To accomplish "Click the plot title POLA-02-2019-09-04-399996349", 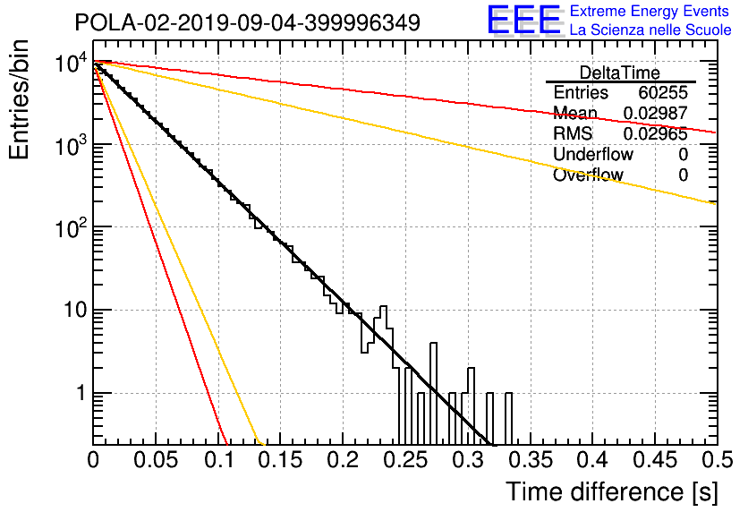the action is (x=248, y=22).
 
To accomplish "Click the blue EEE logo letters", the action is (x=524, y=21).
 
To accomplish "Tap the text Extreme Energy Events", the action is (x=650, y=11).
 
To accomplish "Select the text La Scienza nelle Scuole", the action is (x=650, y=30).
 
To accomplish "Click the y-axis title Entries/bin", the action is (x=20, y=99).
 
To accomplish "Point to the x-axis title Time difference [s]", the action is (x=612, y=491).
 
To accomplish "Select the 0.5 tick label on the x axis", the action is (x=716, y=460).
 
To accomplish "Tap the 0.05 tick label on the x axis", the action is (x=156, y=460).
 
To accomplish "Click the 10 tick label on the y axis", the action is (x=76, y=311).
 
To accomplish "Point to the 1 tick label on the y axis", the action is (x=81, y=394).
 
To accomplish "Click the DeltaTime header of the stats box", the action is (x=620, y=73).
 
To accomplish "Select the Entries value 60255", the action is (x=663, y=92).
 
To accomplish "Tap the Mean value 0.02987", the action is (x=656, y=113).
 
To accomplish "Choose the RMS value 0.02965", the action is (x=656, y=134).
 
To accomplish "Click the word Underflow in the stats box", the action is (x=593, y=154).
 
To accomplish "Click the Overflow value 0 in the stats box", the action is (x=683, y=175).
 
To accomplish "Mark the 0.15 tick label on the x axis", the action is (x=281, y=460).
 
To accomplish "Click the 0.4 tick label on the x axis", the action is (x=591, y=460).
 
